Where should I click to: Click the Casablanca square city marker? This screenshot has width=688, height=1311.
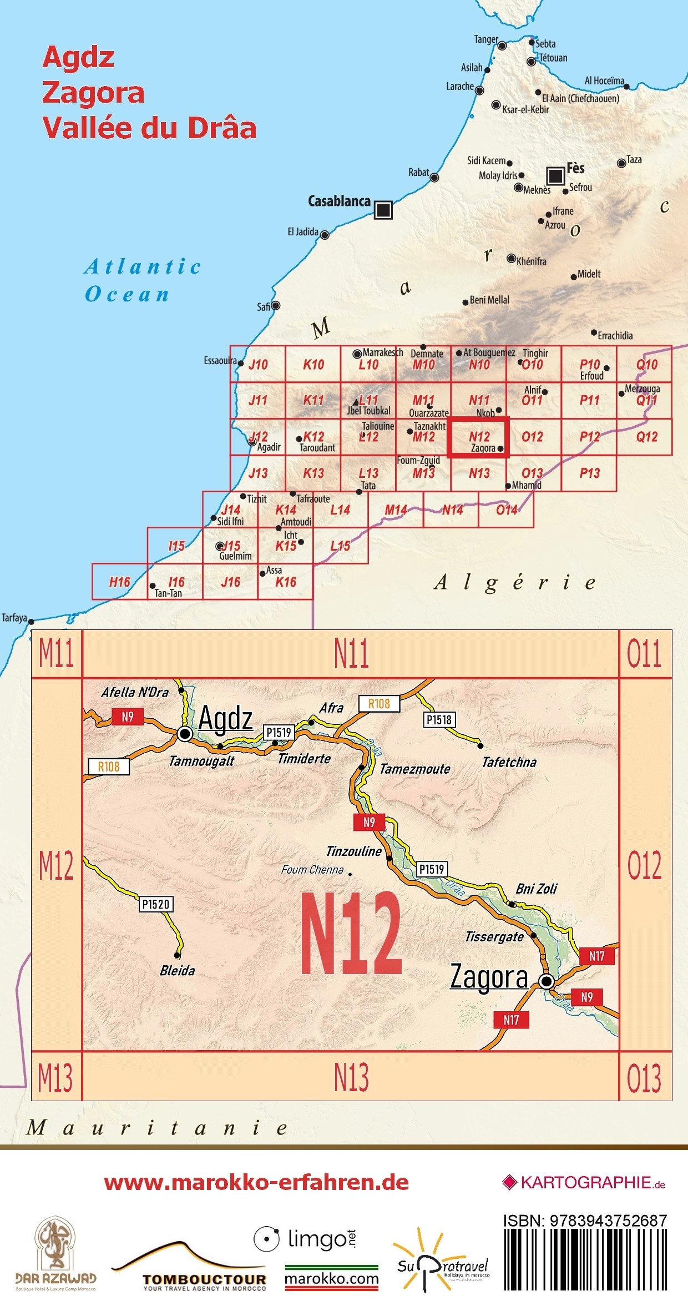tap(383, 210)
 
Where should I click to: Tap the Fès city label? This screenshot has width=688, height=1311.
tap(575, 168)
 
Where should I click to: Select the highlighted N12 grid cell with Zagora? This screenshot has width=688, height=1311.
tap(478, 437)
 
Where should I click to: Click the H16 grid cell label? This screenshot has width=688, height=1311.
tap(119, 582)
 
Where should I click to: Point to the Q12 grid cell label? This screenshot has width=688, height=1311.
tap(646, 437)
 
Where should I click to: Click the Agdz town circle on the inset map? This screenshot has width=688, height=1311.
tap(185, 734)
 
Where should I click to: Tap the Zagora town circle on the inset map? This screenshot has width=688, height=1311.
tap(547, 982)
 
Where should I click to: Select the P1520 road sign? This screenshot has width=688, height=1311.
tap(155, 904)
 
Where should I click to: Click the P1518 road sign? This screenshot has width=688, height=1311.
tap(439, 720)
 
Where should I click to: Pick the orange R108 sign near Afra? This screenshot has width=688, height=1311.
tap(379, 704)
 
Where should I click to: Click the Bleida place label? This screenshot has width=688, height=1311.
tap(177, 971)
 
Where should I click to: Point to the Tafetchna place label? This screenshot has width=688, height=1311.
tap(509, 762)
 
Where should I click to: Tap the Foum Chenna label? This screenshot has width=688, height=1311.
tap(312, 870)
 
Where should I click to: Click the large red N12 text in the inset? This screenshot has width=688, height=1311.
tap(351, 934)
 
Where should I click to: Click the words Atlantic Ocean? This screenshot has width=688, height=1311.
tap(143, 280)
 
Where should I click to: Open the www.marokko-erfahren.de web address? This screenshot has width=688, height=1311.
tap(256, 1182)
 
